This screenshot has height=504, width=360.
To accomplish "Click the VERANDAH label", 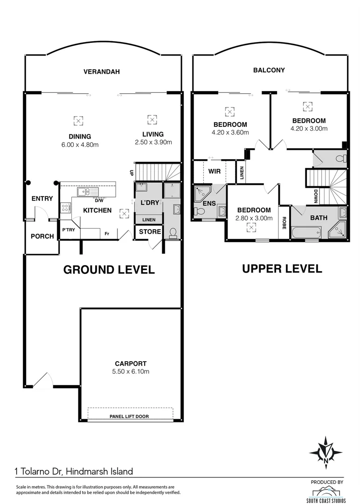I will click(102, 72).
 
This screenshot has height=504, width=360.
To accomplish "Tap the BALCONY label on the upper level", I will click(269, 70).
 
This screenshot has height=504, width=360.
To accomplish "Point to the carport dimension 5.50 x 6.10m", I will click(131, 371).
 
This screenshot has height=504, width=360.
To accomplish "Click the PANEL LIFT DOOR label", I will click(129, 416).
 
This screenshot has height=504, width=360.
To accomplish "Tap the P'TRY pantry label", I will click(69, 230).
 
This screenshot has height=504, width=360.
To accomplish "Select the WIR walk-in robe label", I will click(215, 171).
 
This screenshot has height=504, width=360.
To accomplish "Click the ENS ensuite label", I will click(209, 203).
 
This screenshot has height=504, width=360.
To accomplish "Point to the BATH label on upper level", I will click(318, 217).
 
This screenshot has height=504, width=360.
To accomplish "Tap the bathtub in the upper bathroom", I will click(305, 232).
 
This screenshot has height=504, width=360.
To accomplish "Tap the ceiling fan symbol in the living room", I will click(152, 119).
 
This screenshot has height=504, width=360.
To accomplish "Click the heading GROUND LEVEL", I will click(109, 270).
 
